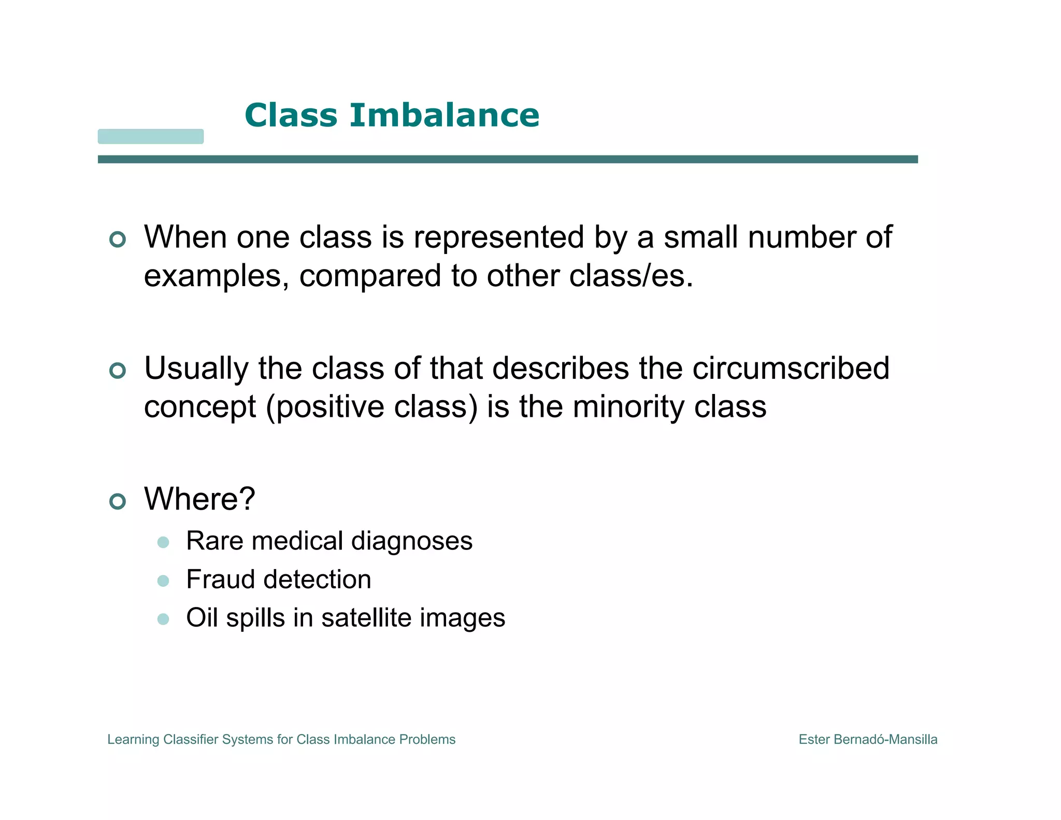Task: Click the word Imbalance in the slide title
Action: tap(444, 115)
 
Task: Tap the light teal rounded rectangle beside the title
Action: tap(151, 136)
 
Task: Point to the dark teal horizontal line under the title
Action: tap(508, 159)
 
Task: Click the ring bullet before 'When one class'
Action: tap(118, 239)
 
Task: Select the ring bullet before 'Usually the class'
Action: tap(118, 371)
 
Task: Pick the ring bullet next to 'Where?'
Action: tap(118, 501)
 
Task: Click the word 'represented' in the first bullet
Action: tap(499, 237)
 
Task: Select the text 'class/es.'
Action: tap(631, 276)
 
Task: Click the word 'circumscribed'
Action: tap(791, 369)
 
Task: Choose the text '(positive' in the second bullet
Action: tap(325, 407)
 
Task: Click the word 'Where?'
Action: tap(200, 499)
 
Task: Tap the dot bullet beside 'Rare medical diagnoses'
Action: tap(163, 543)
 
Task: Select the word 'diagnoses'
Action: tap(412, 542)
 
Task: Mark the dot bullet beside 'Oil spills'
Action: tap(163, 619)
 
